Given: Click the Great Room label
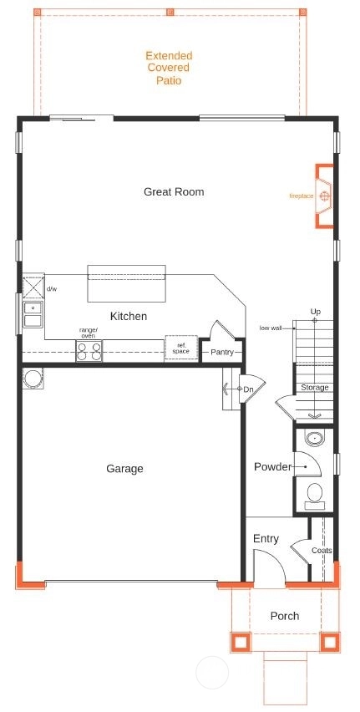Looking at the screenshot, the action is pyautogui.click(x=174, y=191).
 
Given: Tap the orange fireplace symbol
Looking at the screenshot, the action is pyautogui.click(x=324, y=196).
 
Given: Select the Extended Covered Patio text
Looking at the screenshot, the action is pyautogui.click(x=169, y=69).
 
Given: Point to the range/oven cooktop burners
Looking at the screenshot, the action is pyautogui.click(x=89, y=351).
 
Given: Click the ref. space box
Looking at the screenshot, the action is pyautogui.click(x=181, y=348).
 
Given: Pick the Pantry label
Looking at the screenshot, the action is pyautogui.click(x=222, y=352).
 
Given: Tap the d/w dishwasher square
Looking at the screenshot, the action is pyautogui.click(x=33, y=286).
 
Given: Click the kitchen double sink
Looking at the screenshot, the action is pyautogui.click(x=33, y=314).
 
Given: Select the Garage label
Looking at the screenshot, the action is pyautogui.click(x=124, y=468).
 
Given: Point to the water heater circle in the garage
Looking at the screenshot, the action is pyautogui.click(x=33, y=379).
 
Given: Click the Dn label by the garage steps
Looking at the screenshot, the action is pyautogui.click(x=248, y=389).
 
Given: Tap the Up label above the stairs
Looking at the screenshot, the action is pyautogui.click(x=316, y=312).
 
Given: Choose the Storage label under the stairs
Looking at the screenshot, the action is pyautogui.click(x=315, y=388).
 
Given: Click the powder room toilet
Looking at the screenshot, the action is pyautogui.click(x=314, y=496).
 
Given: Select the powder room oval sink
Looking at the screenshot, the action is pyautogui.click(x=314, y=438).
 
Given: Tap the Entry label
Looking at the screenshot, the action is pyautogui.click(x=266, y=538).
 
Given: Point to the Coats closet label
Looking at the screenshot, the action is pyautogui.click(x=322, y=551).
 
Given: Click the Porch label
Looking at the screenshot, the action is pyautogui.click(x=285, y=616).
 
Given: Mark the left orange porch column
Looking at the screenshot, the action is pyautogui.click(x=241, y=642).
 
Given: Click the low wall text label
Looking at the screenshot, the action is pyautogui.click(x=271, y=328).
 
